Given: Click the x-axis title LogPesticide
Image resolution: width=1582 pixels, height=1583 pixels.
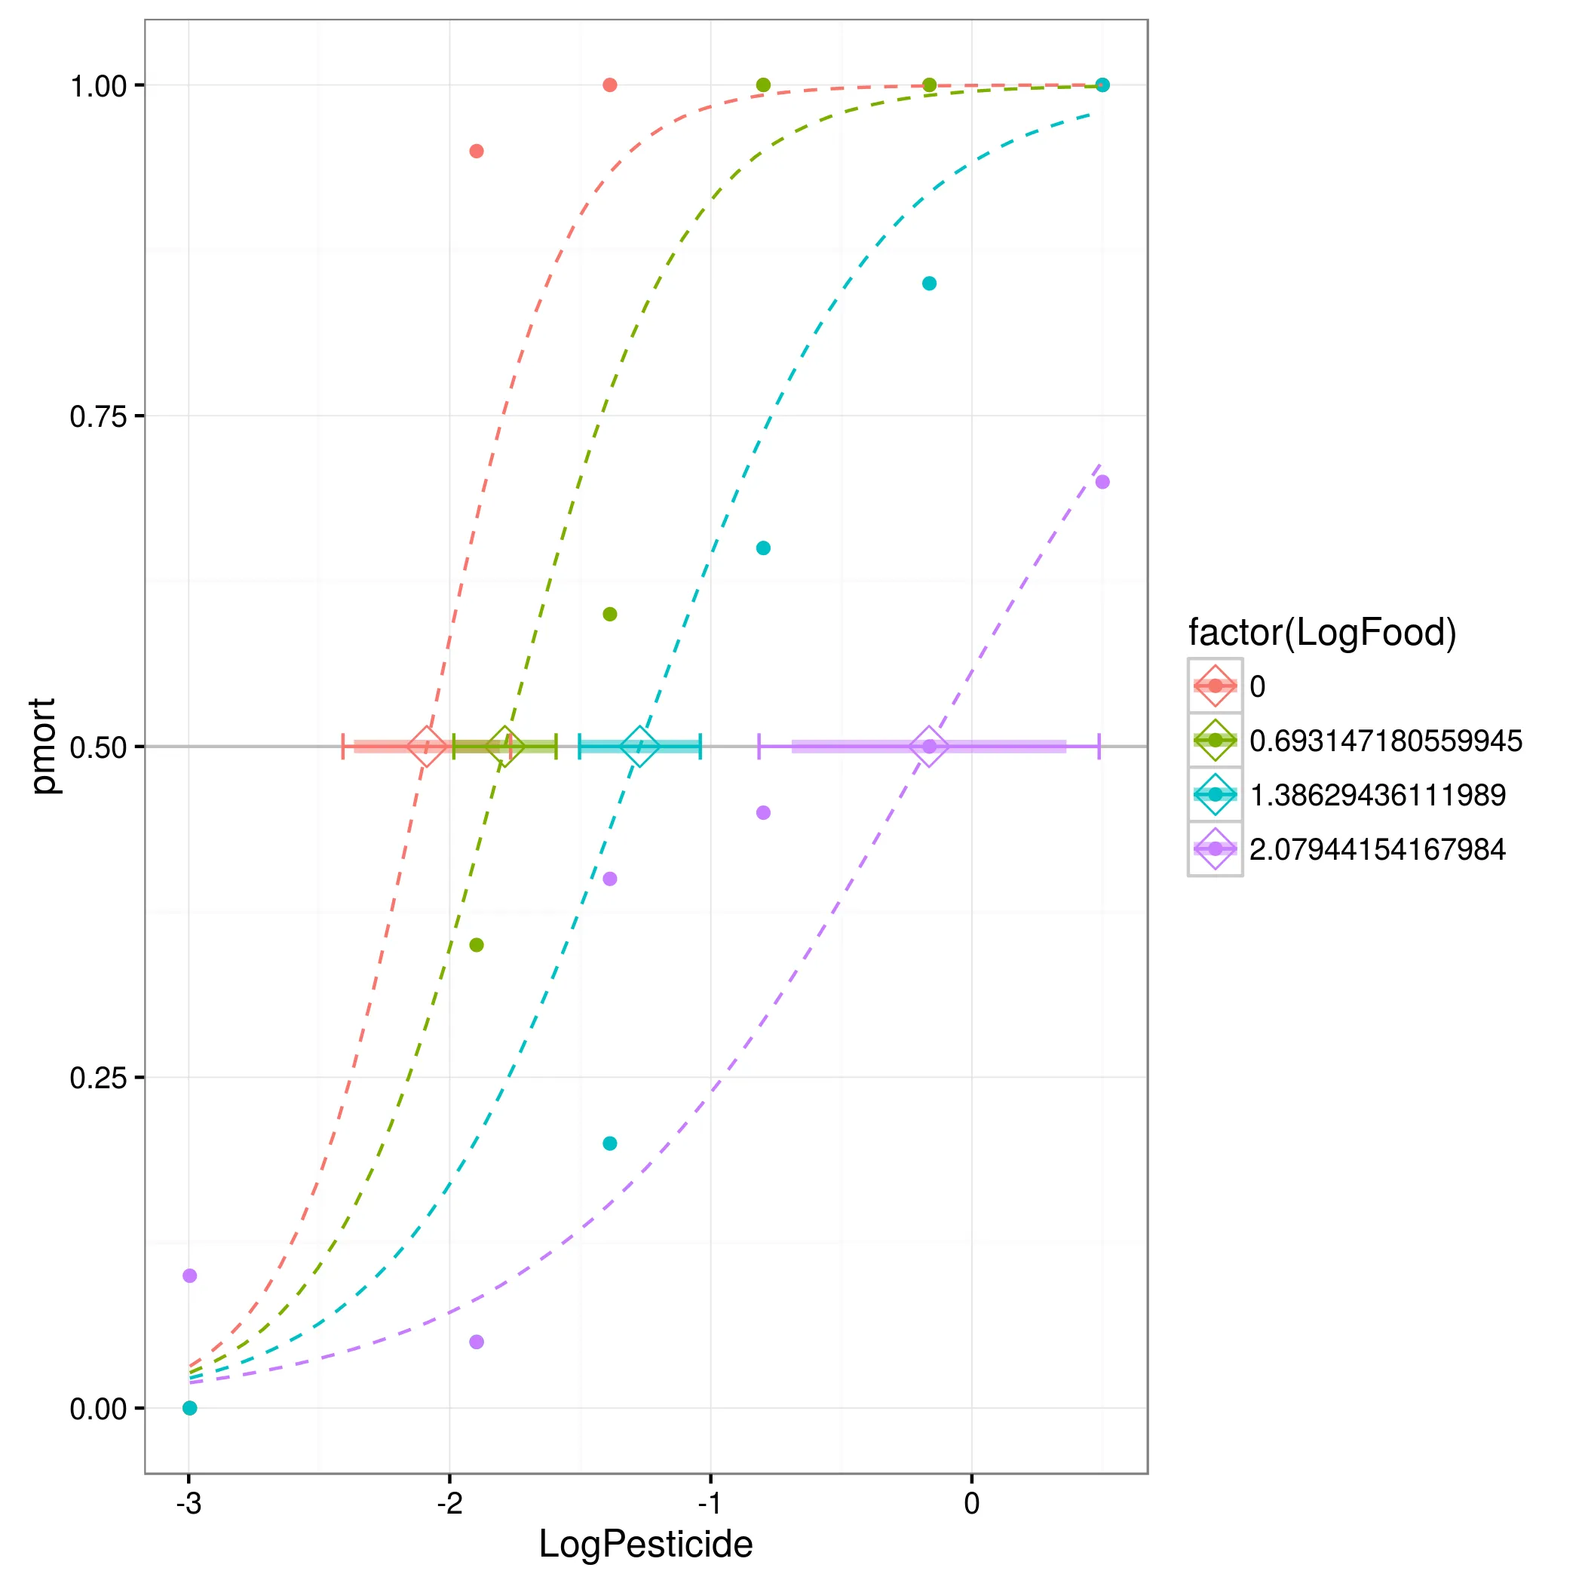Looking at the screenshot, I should (645, 1544).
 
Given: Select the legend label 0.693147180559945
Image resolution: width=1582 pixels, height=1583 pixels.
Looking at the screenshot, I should (1385, 741).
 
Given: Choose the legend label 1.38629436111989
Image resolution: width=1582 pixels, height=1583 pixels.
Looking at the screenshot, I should (1377, 795).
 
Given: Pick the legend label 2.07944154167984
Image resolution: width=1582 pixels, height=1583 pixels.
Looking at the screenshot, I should (1377, 849).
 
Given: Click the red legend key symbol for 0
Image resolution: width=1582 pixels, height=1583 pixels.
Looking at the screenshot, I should (1215, 686).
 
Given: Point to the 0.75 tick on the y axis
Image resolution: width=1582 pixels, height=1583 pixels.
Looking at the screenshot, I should (99, 416).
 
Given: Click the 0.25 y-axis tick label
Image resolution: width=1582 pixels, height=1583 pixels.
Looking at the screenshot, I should (99, 1078).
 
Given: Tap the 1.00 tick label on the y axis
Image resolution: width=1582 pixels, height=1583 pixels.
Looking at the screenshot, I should (99, 86).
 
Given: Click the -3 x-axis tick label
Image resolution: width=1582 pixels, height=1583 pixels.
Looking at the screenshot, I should (189, 1503).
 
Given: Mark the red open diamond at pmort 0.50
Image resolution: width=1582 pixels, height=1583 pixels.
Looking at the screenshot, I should (427, 747).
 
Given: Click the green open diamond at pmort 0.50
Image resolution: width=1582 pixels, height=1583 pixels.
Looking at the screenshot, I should (504, 747).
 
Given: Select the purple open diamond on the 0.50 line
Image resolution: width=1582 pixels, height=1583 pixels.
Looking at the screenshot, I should (929, 747).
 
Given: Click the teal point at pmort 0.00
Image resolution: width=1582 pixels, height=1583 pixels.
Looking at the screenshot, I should (189, 1408).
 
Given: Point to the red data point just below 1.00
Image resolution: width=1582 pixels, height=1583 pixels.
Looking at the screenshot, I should (476, 151).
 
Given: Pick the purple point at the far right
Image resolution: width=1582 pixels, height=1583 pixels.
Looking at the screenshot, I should (1102, 482).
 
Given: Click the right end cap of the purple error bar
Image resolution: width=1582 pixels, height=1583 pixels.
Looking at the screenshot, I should (1099, 747).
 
